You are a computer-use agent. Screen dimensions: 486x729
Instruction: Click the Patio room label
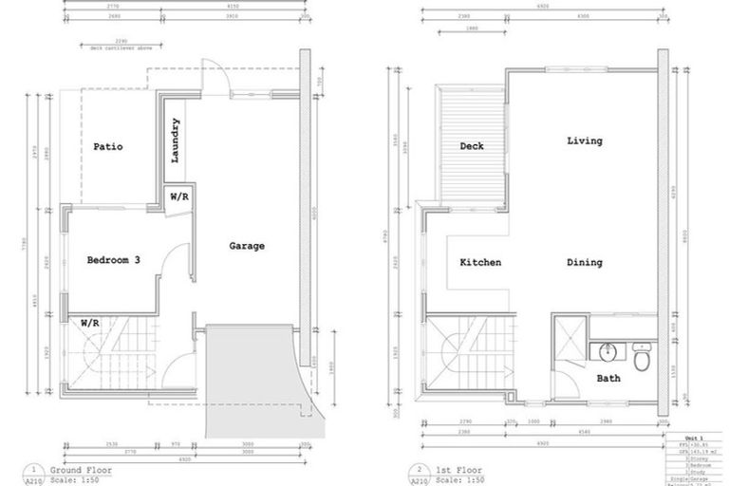click(x=107, y=147)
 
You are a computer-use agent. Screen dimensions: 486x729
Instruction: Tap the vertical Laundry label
click(x=177, y=140)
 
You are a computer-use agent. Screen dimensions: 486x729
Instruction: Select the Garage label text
click(x=247, y=246)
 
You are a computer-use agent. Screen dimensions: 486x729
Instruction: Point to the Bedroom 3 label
click(x=114, y=260)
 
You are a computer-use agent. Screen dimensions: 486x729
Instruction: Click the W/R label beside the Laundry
click(x=178, y=196)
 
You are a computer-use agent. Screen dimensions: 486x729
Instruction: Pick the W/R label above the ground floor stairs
click(x=90, y=323)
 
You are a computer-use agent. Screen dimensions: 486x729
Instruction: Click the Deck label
click(x=472, y=146)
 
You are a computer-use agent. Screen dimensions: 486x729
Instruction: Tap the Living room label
click(x=584, y=141)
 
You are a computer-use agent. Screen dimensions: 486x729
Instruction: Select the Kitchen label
click(x=480, y=263)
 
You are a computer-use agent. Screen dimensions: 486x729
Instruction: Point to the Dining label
click(x=585, y=263)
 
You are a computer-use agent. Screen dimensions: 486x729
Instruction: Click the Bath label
click(x=608, y=379)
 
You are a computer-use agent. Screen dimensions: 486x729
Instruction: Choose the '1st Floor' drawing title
click(x=455, y=469)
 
